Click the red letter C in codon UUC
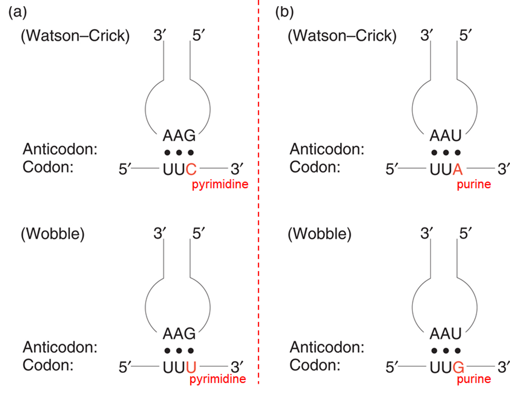(x=191, y=170)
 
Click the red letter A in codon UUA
(x=458, y=170)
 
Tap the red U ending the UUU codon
(x=191, y=368)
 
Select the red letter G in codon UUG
(x=458, y=368)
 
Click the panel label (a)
(x=17, y=12)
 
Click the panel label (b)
(x=284, y=12)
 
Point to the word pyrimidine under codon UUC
(x=220, y=184)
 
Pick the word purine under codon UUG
(x=474, y=379)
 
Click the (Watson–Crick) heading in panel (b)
(x=342, y=36)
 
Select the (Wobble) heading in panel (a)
(x=53, y=234)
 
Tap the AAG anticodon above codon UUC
(x=179, y=136)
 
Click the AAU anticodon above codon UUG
(x=446, y=334)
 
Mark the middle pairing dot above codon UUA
(x=446, y=153)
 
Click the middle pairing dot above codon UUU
(x=179, y=351)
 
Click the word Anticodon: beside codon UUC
(x=60, y=149)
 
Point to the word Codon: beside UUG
(x=314, y=365)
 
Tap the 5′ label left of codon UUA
(x=392, y=169)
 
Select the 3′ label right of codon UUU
(x=237, y=367)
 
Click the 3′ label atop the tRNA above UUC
(x=159, y=35)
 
